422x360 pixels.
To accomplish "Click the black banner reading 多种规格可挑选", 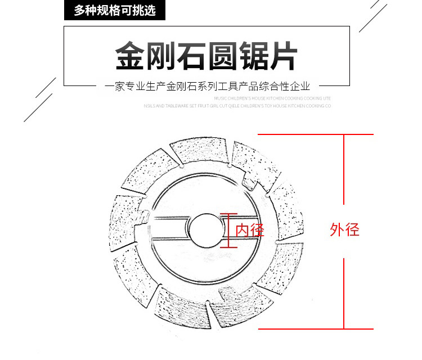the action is point(115,10).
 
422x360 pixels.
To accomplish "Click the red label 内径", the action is point(249,229).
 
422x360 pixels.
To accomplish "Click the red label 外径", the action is point(344,229).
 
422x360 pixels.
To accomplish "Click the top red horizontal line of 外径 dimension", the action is point(316,135).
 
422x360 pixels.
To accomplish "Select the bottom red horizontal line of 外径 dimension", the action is point(316,328).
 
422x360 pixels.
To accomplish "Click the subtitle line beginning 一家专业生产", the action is point(208,87).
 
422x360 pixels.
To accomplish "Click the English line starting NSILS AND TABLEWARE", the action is point(237,105).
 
